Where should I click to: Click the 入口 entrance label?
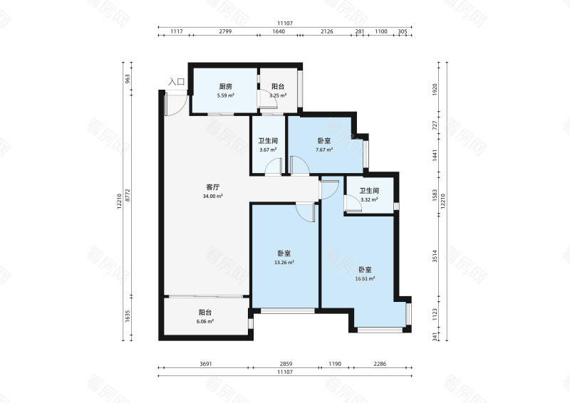click(176, 83)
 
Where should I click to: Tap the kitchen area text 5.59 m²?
click(226, 95)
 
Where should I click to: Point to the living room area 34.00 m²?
click(213, 197)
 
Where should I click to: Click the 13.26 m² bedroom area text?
click(285, 262)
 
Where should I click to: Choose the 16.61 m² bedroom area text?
click(365, 278)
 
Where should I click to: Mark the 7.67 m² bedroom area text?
click(324, 150)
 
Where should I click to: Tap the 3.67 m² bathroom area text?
click(267, 150)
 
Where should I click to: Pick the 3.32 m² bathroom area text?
click(368, 200)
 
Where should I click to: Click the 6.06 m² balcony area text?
click(204, 321)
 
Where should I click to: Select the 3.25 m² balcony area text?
click(278, 95)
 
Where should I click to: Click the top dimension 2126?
click(327, 31)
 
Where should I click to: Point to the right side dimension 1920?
click(435, 90)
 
